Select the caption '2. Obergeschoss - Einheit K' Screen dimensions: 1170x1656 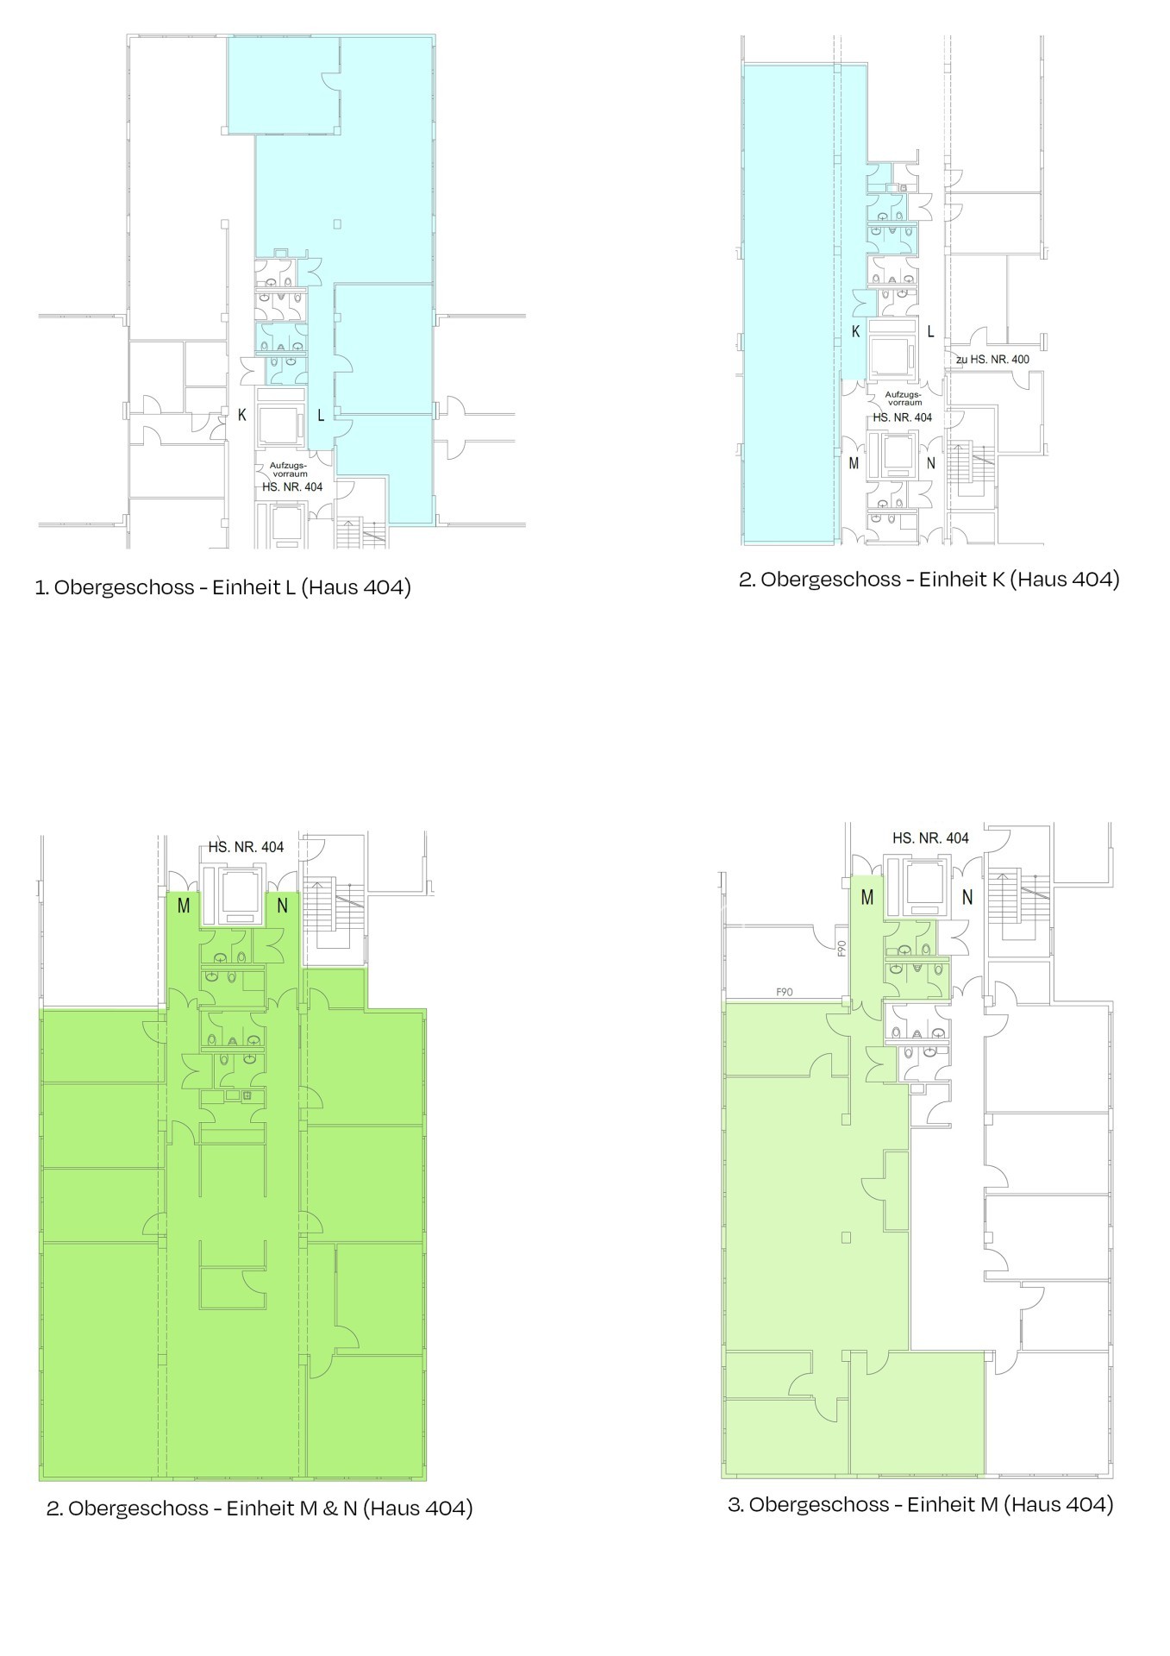coord(872,579)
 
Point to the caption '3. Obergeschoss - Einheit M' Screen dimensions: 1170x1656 coord(863,1504)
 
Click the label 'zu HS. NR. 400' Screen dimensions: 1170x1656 coord(992,359)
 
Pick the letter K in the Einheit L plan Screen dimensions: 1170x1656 coord(242,415)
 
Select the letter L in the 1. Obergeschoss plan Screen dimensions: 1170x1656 coord(321,415)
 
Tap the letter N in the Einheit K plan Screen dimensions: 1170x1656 coord(930,463)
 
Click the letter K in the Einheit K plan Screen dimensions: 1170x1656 coord(855,331)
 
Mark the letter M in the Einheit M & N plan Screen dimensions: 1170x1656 coord(184,906)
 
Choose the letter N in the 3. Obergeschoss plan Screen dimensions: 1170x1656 coord(967,898)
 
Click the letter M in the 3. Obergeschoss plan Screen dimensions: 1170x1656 coord(867,898)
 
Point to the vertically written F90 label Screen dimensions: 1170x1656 coord(842,947)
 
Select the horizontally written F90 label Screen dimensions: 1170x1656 coord(784,992)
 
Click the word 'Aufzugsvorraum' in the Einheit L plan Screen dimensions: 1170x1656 coord(289,470)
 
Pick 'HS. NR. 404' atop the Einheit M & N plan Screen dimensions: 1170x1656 coord(246,847)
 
